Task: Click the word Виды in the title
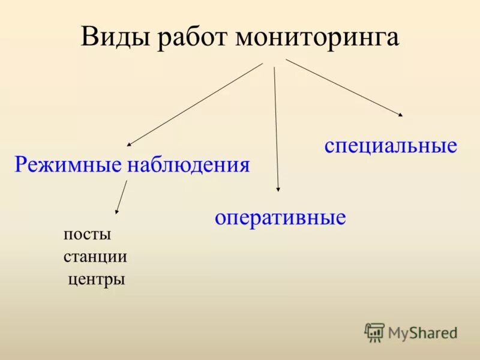[x=116, y=37]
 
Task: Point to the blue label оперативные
[x=280, y=217]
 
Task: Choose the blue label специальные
[x=391, y=146]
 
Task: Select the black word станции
[x=95, y=257]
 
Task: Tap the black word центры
[x=97, y=279]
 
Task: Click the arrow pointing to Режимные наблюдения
[x=195, y=104]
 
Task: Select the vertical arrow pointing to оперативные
[x=276, y=129]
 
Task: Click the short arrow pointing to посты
[x=122, y=197]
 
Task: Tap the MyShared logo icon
[x=374, y=332]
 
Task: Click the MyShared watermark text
[x=422, y=332]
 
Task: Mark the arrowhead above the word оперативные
[x=278, y=188]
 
